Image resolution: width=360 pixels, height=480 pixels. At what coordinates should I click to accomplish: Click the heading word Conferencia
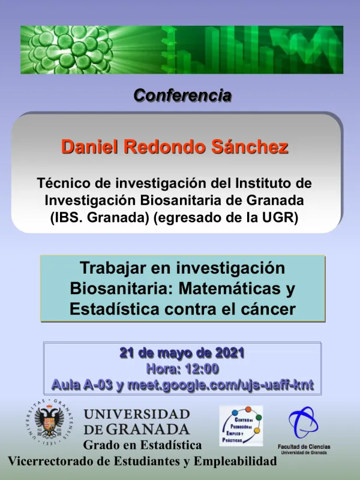click(x=182, y=95)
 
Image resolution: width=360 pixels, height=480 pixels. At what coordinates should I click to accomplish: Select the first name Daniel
click(x=89, y=147)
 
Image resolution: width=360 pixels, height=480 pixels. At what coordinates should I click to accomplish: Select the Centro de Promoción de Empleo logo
click(x=241, y=425)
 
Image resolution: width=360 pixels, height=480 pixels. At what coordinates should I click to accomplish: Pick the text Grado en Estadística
click(x=142, y=445)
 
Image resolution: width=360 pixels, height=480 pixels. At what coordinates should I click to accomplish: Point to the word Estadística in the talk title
click(x=113, y=309)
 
